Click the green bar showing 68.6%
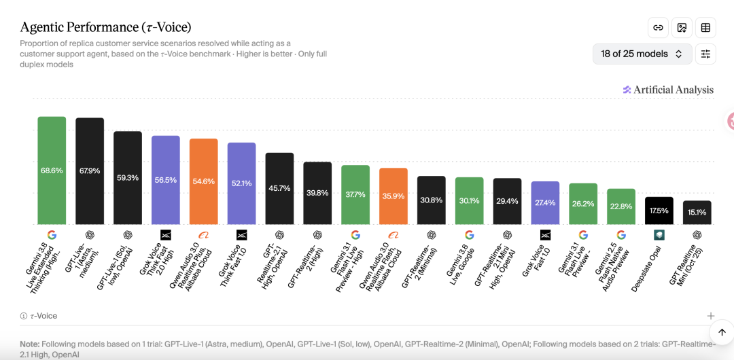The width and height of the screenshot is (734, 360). pyautogui.click(x=52, y=170)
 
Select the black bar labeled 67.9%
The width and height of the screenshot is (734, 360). pyautogui.click(x=90, y=171)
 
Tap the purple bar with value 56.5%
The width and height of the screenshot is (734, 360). pyautogui.click(x=166, y=180)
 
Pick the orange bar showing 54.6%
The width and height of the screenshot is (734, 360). pyautogui.click(x=204, y=181)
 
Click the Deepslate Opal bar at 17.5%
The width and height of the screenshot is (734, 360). pyautogui.click(x=659, y=211)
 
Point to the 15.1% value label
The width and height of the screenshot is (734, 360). pyautogui.click(x=697, y=213)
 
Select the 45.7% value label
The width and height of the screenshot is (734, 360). pyautogui.click(x=279, y=188)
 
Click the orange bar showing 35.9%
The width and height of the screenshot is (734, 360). pyautogui.click(x=394, y=196)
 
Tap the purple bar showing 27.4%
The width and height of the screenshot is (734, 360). pyautogui.click(x=545, y=203)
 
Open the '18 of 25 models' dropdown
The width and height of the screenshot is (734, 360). pyautogui.click(x=642, y=54)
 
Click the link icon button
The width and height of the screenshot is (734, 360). pyautogui.click(x=658, y=28)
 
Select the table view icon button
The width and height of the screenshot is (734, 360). pyautogui.click(x=705, y=28)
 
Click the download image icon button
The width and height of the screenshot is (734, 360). pyautogui.click(x=682, y=28)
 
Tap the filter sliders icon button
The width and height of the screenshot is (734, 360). pyautogui.click(x=705, y=54)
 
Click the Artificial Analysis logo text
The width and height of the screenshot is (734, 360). pyautogui.click(x=673, y=90)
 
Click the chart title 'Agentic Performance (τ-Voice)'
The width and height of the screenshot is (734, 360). pyautogui.click(x=105, y=27)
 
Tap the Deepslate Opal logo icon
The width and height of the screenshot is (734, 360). pyautogui.click(x=659, y=234)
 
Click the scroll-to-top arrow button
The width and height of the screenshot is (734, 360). pyautogui.click(x=722, y=332)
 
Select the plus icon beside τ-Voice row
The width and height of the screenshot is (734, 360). pyautogui.click(x=711, y=316)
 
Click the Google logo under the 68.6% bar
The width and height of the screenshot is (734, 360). pyautogui.click(x=52, y=234)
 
